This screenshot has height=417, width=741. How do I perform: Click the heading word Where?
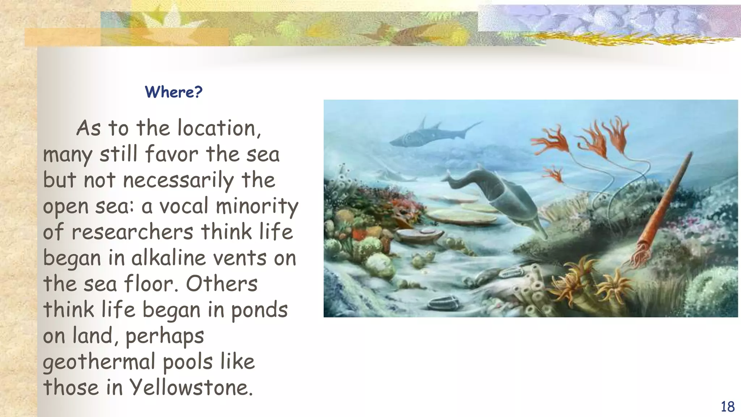[x=173, y=92]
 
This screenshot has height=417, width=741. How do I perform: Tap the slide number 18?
[x=727, y=407]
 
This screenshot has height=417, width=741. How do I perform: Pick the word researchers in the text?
[x=132, y=232]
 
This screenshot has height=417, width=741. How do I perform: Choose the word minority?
[x=257, y=206]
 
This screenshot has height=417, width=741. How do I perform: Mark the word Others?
[x=221, y=283]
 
